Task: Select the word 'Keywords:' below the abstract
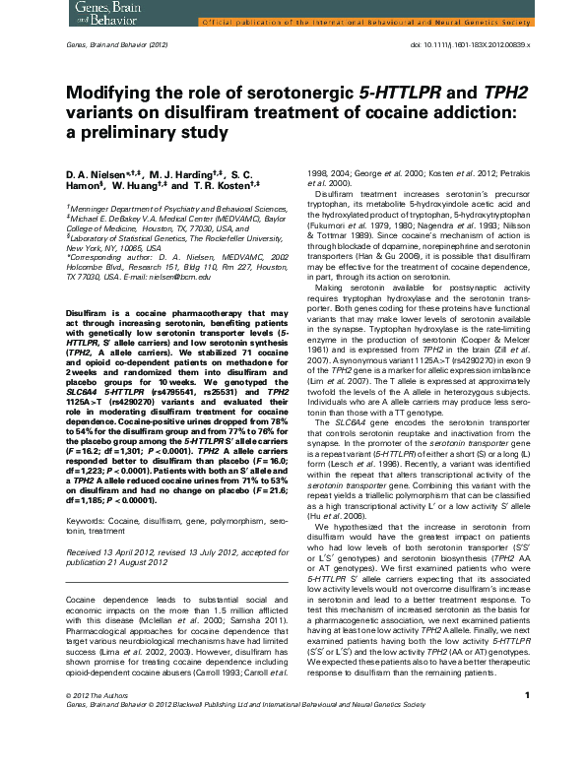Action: click(x=86, y=516)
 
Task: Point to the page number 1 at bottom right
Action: click(x=527, y=751)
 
